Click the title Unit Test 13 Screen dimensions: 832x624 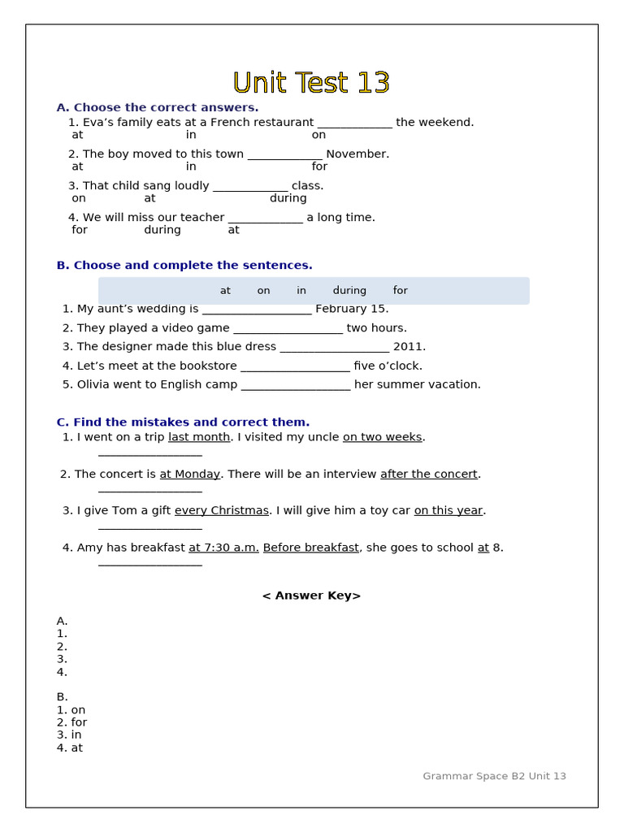311,83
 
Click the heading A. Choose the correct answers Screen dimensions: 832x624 158,107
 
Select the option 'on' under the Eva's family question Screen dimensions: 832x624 318,135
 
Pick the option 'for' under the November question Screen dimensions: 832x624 319,167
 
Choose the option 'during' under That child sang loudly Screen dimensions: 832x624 288,198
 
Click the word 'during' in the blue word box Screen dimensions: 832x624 349,291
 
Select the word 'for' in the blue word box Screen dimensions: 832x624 400,291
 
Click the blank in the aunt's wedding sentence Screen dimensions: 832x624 257,310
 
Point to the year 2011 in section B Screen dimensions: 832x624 409,347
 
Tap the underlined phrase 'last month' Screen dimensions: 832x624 199,437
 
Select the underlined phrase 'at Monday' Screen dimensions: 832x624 189,474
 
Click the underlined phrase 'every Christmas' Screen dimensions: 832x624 221,511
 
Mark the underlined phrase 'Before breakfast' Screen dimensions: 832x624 310,548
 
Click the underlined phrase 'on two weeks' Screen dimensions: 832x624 382,437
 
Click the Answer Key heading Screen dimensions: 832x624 311,596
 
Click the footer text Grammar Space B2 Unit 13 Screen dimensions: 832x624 494,777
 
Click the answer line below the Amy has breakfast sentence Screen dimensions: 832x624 150,564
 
